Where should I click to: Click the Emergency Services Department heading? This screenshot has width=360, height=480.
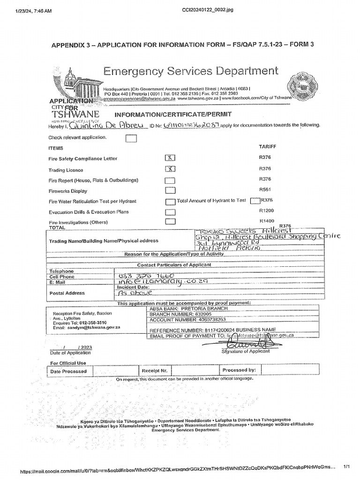tap(190, 71)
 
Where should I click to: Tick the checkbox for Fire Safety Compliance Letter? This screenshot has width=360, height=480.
tap(171, 158)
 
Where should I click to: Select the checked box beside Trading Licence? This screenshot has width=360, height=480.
tap(171, 169)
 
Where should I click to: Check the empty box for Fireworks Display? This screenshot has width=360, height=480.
tap(171, 191)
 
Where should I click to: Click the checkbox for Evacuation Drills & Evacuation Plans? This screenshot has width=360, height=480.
tap(171, 212)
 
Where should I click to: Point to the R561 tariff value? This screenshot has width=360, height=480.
tap(265, 190)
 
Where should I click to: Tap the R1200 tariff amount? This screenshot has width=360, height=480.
tap(266, 211)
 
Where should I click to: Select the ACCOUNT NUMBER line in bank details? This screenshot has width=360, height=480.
tap(187, 320)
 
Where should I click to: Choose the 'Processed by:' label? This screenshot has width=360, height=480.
tap(239, 370)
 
